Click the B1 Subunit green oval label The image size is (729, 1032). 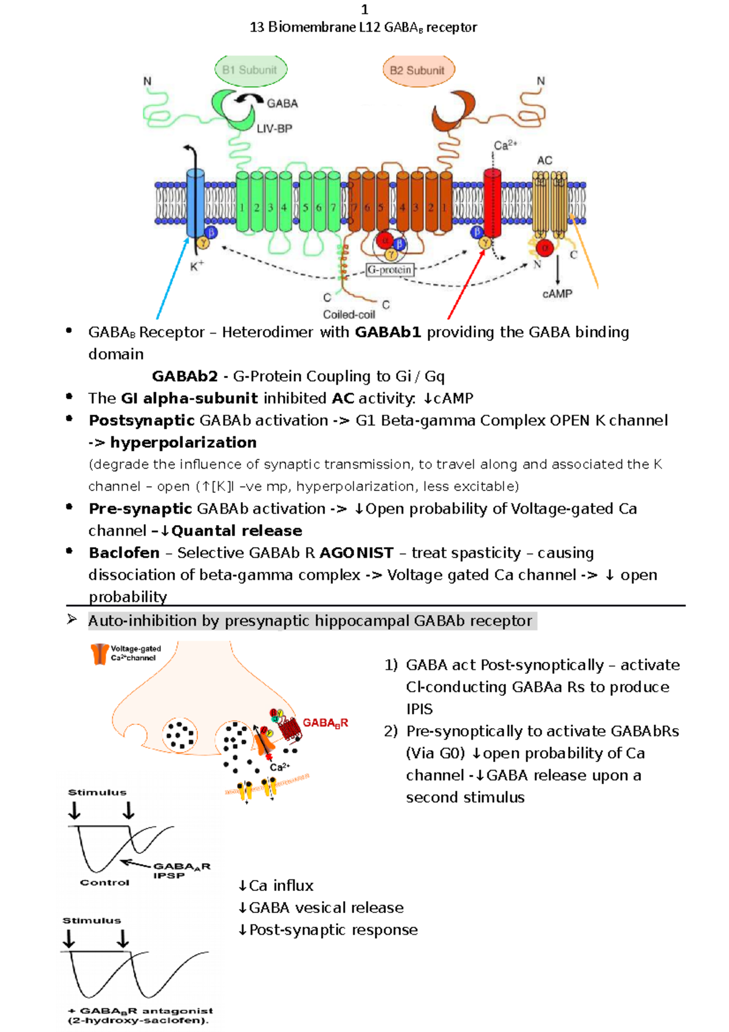(250, 70)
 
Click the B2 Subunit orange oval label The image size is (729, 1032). (418, 71)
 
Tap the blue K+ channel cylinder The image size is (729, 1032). (195, 204)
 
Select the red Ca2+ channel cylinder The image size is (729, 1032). (491, 203)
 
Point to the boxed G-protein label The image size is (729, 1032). (390, 270)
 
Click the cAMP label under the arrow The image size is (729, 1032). (557, 294)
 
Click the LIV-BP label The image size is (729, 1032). (274, 129)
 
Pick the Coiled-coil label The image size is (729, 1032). (349, 315)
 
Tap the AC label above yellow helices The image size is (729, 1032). (544, 160)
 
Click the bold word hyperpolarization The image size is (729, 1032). (183, 442)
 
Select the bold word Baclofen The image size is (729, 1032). (125, 553)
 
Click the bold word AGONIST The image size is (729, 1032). (357, 553)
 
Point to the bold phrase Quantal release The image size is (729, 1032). (236, 531)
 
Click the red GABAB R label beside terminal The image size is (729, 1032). (325, 723)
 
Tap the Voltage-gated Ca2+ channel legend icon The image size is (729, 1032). (99, 654)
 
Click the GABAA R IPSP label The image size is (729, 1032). (180, 870)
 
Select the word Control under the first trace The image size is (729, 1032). (104, 882)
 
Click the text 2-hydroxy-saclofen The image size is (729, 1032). (139, 1020)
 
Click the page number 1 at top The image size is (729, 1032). (364, 9)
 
